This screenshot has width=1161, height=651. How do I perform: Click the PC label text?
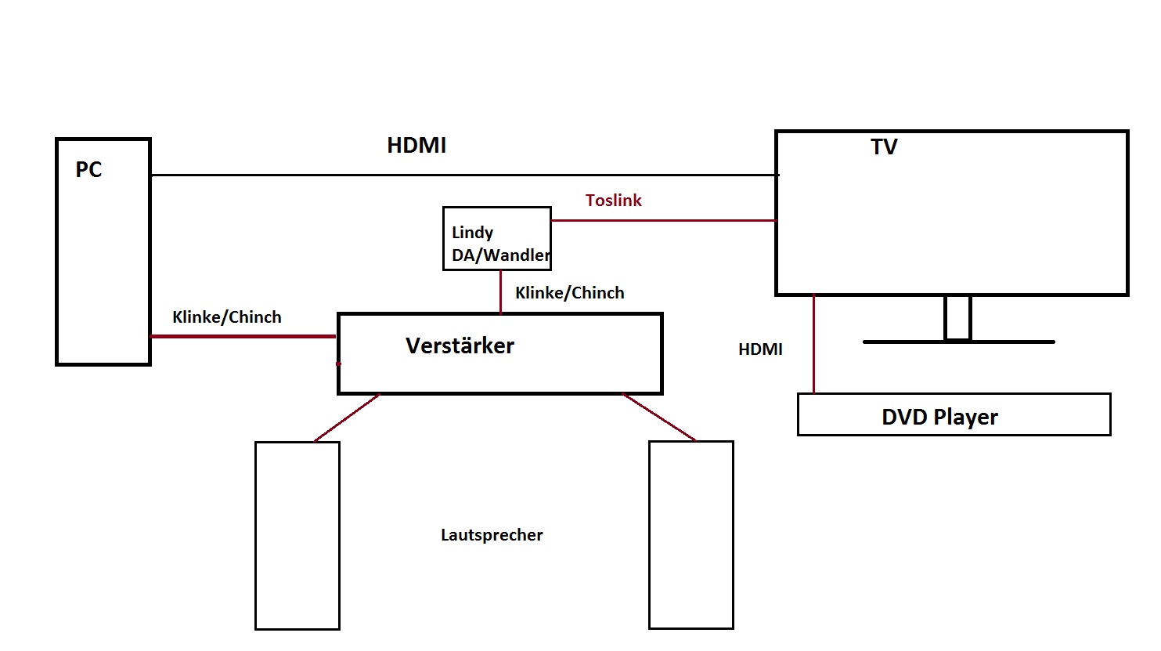[x=88, y=170]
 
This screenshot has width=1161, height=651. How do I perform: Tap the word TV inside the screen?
[x=884, y=147]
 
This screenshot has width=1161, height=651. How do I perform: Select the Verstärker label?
[x=460, y=346]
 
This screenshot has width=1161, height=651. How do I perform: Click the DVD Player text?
[x=939, y=417]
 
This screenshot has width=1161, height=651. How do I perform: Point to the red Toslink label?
[x=613, y=201]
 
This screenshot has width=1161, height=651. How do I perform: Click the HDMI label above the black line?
[x=416, y=146]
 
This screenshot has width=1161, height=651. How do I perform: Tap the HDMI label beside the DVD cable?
[x=760, y=349]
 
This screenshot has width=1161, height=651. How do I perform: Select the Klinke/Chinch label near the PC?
[x=227, y=317]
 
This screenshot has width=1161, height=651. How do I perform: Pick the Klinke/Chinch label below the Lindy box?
[x=570, y=293]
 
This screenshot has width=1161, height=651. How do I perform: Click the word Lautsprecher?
[x=492, y=535]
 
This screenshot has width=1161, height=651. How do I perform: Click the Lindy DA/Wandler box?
[x=497, y=239]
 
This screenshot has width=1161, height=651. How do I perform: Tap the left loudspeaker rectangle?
[x=297, y=535]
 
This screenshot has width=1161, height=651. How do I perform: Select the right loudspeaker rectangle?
[x=691, y=535]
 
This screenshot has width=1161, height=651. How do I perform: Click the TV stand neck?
[x=957, y=317]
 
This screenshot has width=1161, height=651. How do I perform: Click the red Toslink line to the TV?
[x=664, y=220]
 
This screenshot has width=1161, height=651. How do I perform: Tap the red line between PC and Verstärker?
[x=243, y=336]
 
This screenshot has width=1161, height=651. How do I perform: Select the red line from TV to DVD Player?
[x=814, y=345]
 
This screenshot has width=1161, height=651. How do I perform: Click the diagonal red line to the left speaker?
[x=347, y=418]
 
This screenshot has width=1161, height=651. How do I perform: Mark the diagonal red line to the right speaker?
[x=659, y=417]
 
